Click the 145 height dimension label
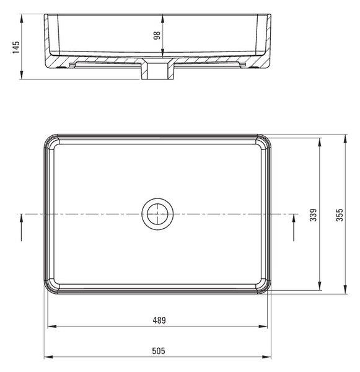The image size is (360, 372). (x=16, y=47)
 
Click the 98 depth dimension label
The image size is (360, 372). (x=157, y=35)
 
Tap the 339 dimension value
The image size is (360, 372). (x=313, y=215)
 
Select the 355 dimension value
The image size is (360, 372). (x=340, y=215)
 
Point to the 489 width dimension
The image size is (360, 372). (x=159, y=321)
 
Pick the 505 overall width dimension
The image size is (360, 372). (x=159, y=351)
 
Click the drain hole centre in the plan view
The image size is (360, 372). (x=157, y=214)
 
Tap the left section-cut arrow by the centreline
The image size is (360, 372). (x=21, y=228)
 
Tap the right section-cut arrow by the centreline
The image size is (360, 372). (x=294, y=228)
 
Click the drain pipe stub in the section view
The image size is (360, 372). (x=157, y=71)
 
